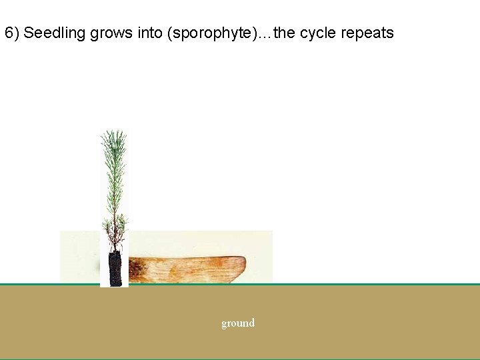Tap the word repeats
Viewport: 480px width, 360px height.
point(367,33)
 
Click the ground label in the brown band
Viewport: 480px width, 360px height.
point(238,323)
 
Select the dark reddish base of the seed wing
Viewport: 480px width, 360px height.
point(137,269)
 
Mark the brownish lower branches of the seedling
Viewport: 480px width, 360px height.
point(114,230)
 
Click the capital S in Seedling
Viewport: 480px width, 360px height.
point(28,33)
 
